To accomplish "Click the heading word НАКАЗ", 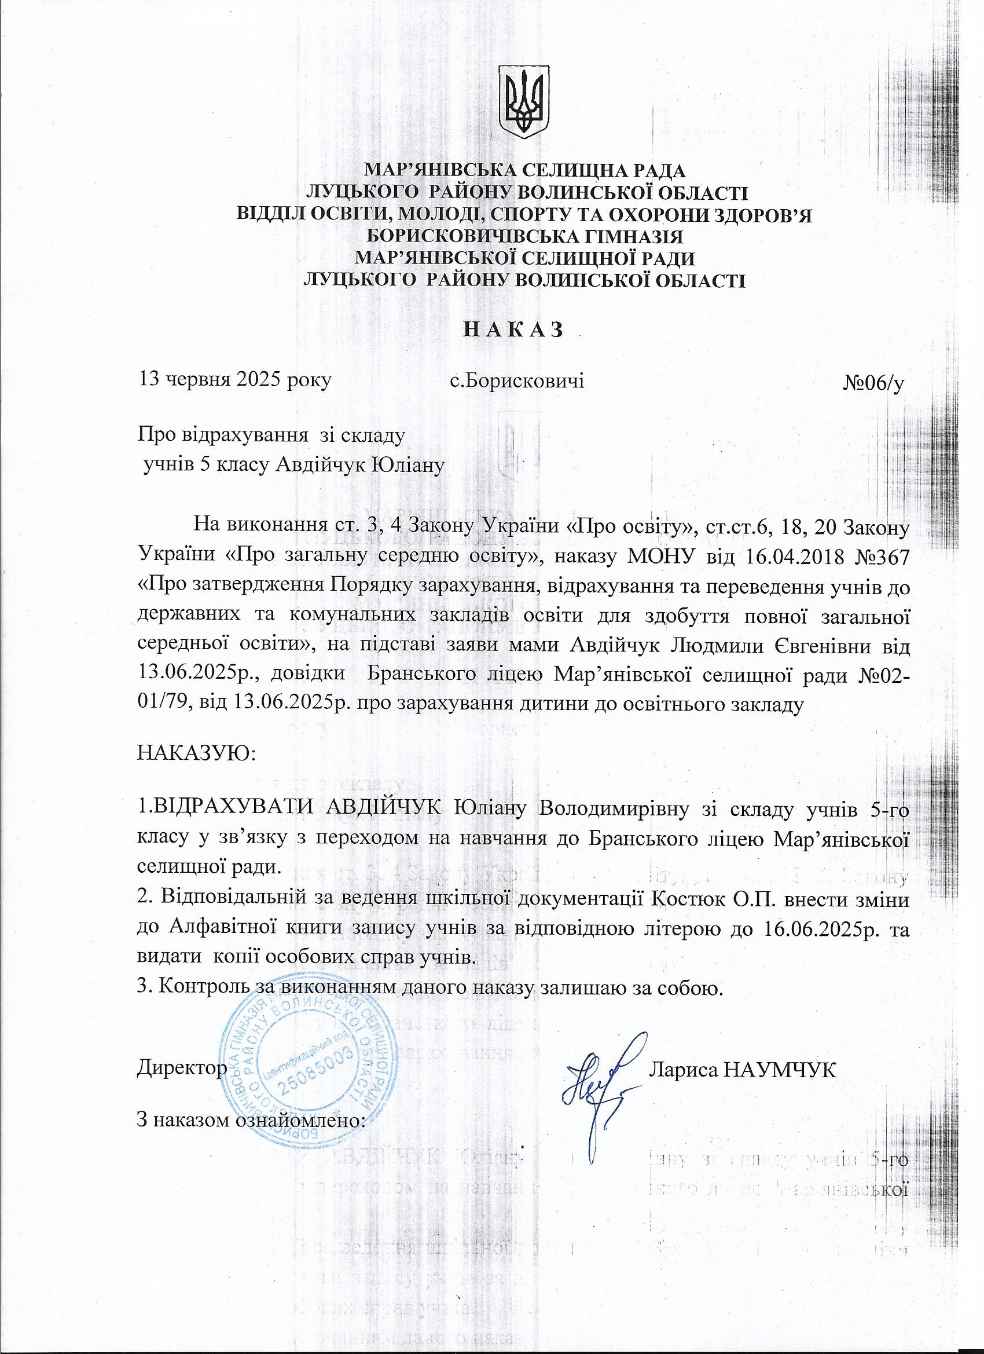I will click(514, 329).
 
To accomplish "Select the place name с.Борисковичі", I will click(517, 380).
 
